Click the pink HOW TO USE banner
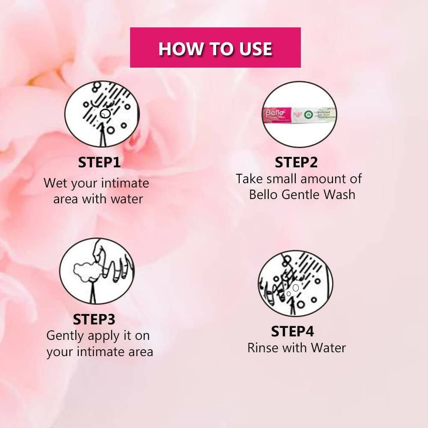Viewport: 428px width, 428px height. pos(215,48)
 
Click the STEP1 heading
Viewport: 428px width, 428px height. pos(99,163)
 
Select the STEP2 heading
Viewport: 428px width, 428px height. pos(296,163)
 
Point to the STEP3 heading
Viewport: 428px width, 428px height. pos(94,320)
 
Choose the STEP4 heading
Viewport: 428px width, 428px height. pos(292,332)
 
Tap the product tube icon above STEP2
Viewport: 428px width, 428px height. pos(299,114)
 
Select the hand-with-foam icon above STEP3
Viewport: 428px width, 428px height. pos(97,271)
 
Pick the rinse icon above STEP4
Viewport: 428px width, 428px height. pos(295,284)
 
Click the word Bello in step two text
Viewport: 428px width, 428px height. pos(264,194)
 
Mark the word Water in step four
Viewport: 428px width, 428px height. pos(328,348)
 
